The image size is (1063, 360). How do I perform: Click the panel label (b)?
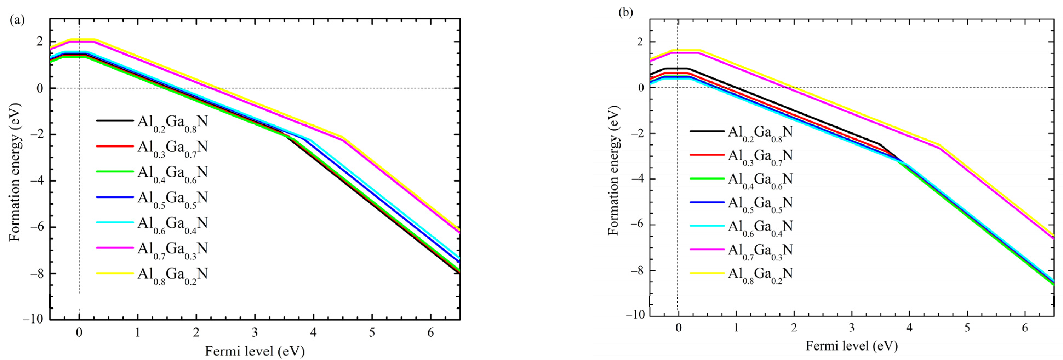[625, 12]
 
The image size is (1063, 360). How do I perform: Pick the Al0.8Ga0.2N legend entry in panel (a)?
[173, 274]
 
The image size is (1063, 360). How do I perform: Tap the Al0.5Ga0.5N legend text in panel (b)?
[760, 203]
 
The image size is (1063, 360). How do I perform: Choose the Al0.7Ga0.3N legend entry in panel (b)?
[760, 251]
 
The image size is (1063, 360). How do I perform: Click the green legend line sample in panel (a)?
[115, 172]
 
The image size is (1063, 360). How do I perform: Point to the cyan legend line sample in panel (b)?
[707, 226]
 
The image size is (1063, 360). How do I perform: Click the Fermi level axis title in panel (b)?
[851, 345]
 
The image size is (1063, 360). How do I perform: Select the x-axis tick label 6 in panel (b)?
[1025, 328]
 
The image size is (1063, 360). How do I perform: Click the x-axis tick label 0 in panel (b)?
[678, 328]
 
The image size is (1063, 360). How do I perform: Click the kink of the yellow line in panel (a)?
[342, 138]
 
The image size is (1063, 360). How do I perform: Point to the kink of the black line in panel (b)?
[879, 144]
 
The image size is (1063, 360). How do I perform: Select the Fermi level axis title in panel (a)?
[255, 351]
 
